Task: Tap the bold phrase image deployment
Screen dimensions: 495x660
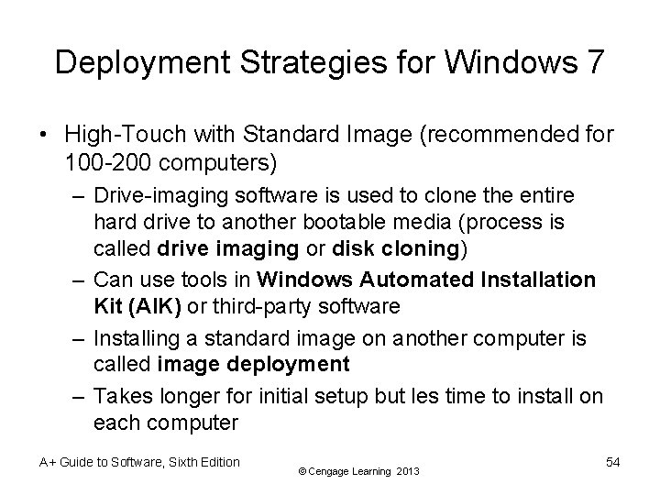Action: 254,363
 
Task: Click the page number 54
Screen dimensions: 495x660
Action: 612,463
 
